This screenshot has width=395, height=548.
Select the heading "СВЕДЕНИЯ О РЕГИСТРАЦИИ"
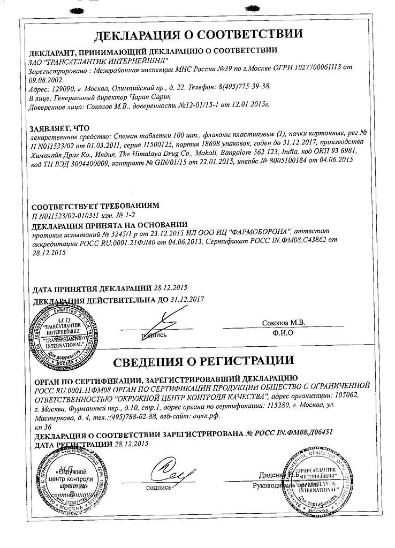tap(198, 360)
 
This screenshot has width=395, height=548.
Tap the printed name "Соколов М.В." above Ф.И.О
tap(283, 323)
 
